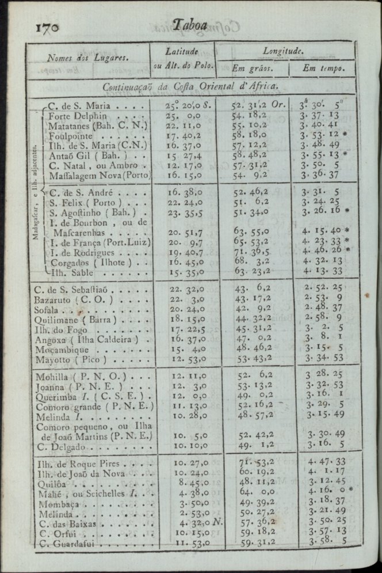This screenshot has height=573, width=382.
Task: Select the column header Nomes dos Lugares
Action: [x=87, y=58]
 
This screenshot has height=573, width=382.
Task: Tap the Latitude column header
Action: [x=182, y=51]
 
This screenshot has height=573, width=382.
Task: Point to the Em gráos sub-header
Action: [x=252, y=68]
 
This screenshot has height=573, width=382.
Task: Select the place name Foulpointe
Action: [x=72, y=136]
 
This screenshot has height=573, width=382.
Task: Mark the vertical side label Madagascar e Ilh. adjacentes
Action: [x=36, y=184]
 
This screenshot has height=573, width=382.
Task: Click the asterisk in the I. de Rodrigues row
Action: [x=348, y=250]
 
